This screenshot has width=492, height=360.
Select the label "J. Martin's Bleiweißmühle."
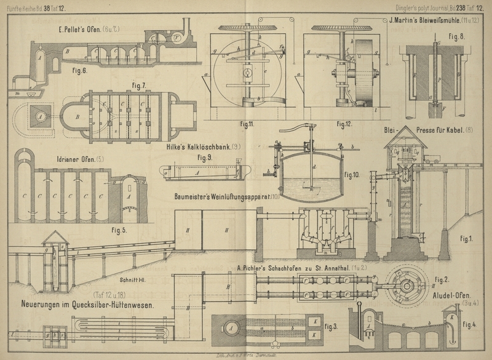tap(430, 20)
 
